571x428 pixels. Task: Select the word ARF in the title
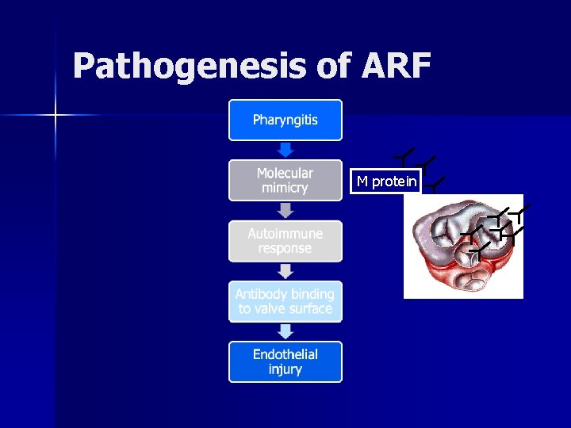396,67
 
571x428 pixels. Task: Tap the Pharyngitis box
285,120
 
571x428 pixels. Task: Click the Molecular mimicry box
285,181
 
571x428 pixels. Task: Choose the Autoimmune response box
285,241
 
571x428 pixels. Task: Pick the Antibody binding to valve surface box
285,301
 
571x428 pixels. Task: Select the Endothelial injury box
285,361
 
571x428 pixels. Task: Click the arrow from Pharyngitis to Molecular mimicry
285,150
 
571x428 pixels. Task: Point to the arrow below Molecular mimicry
285,210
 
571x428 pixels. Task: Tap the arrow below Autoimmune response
285,271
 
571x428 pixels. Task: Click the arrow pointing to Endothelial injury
285,331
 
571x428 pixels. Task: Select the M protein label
386,182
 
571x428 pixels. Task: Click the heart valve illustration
463,246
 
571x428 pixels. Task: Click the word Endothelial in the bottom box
285,354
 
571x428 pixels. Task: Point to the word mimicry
285,189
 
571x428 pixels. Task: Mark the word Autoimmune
285,234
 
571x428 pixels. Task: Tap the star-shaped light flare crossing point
56,116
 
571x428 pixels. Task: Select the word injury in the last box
285,369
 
